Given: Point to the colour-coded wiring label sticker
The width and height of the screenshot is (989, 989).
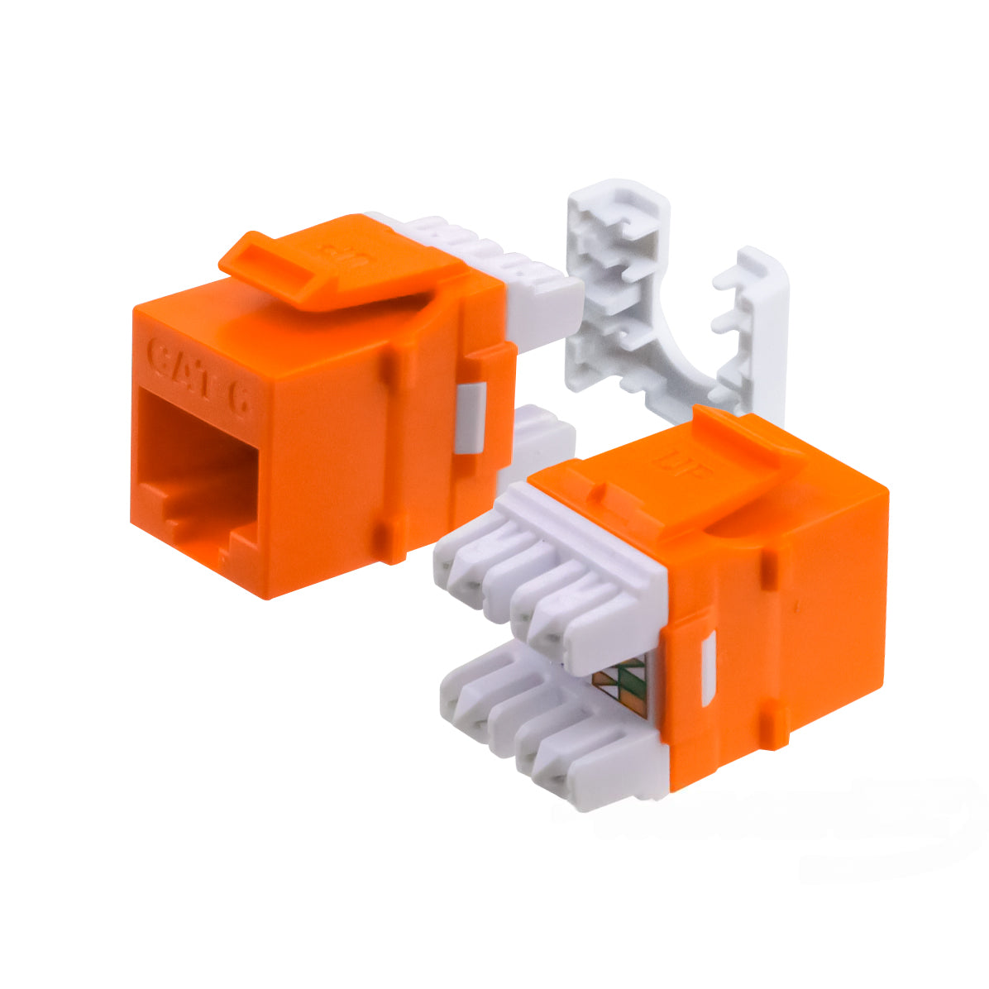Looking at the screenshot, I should (621, 687).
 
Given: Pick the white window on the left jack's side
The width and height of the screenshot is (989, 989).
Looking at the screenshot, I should (469, 418).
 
